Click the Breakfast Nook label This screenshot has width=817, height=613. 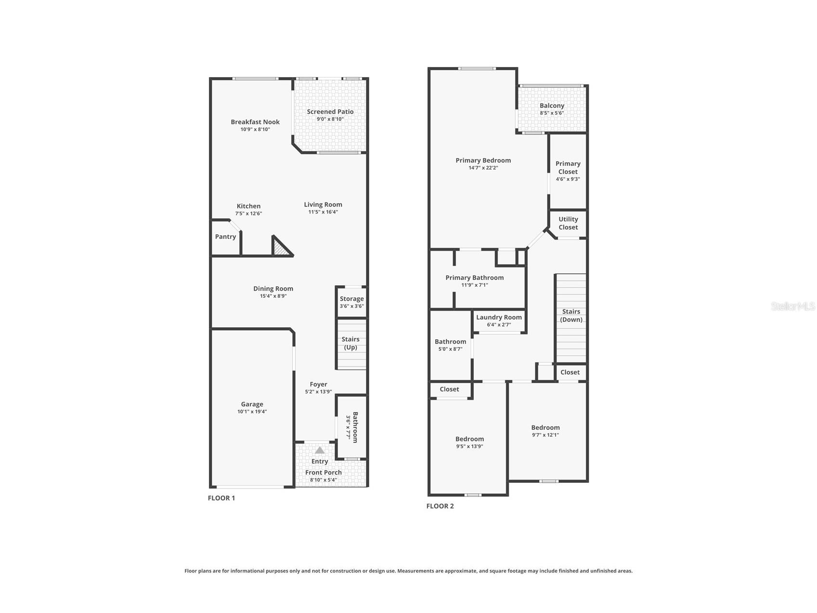pos(255,122)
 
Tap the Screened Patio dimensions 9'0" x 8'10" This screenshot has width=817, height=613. pos(330,119)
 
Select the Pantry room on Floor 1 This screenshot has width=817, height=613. pos(226,237)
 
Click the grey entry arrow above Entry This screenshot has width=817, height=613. pos(320,450)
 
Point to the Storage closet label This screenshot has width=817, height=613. pos(352,299)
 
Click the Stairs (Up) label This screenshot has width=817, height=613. pos(350,343)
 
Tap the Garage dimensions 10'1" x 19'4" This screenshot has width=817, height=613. pos(252,412)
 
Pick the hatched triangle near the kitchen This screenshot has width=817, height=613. pos(281,247)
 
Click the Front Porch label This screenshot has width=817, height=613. pos(324,472)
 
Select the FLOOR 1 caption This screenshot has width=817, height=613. pos(221,498)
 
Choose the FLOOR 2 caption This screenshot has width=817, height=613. pos(440,506)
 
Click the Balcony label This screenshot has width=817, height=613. pos(552,106)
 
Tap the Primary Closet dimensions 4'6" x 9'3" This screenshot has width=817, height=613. pos(568,179)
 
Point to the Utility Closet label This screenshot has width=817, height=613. pos(568,223)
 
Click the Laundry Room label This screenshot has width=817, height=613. pos(499,317)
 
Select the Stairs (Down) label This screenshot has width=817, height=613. pos(571,316)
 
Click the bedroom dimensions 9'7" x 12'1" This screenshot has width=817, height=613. pos(545,435)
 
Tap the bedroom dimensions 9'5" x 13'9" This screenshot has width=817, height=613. pos(469,446)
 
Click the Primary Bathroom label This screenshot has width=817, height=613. pos(475,278)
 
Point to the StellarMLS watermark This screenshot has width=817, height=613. pos(793,306)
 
